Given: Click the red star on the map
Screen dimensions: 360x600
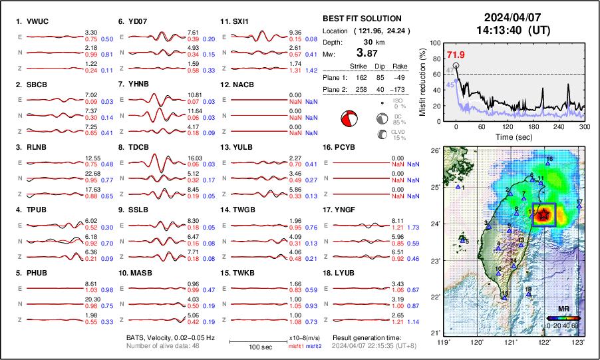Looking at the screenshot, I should pyautogui.click(x=544, y=214).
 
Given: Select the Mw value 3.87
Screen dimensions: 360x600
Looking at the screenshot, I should pyautogui.click(x=362, y=53).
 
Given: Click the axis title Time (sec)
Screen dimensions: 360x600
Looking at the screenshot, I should pyautogui.click(x=506, y=136).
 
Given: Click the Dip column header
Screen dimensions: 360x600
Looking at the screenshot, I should pyautogui.click(x=380, y=66).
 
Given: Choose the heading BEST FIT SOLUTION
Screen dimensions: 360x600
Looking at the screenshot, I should pyautogui.click(x=361, y=19).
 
